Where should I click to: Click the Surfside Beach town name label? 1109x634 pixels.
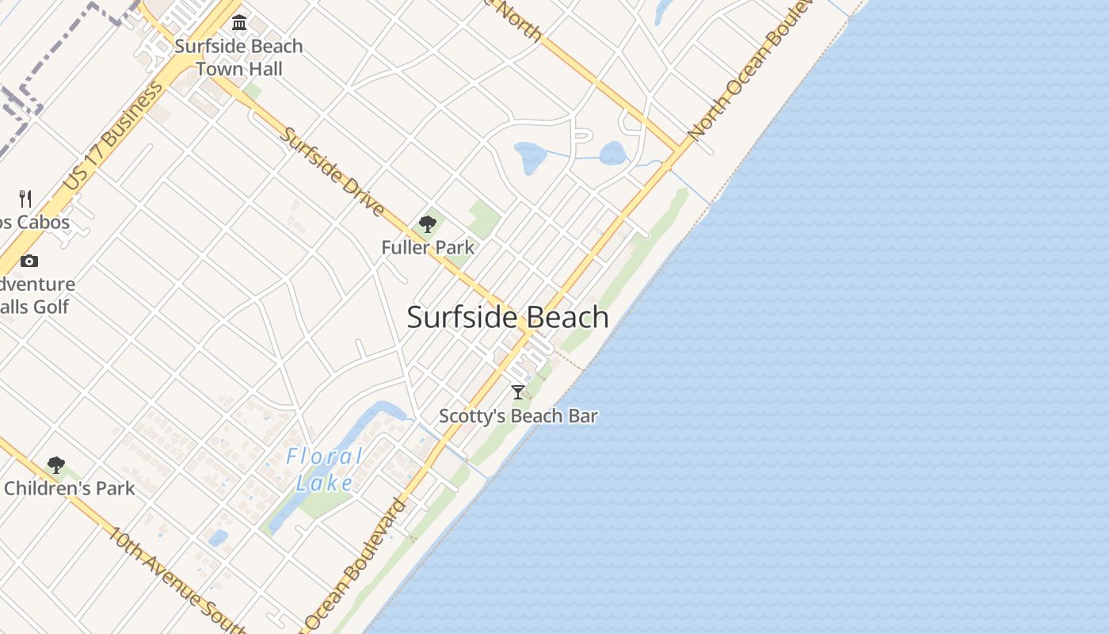tap(508, 318)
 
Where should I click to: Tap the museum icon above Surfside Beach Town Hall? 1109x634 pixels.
tap(239, 22)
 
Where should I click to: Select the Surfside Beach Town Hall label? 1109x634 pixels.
tap(238, 57)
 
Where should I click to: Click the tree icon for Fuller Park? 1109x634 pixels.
tap(428, 224)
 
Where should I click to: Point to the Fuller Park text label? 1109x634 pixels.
tap(428, 247)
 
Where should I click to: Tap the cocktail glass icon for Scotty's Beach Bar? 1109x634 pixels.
tap(518, 391)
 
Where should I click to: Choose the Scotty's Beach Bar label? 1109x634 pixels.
tap(518, 416)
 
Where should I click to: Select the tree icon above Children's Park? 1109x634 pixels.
tap(55, 465)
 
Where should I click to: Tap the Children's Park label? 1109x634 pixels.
tap(70, 488)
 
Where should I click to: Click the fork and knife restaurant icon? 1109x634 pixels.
tap(25, 198)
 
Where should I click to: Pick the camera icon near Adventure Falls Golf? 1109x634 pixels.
tap(29, 261)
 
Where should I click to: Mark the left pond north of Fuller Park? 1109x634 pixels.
tap(529, 157)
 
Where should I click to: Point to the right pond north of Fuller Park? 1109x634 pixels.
tap(613, 153)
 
